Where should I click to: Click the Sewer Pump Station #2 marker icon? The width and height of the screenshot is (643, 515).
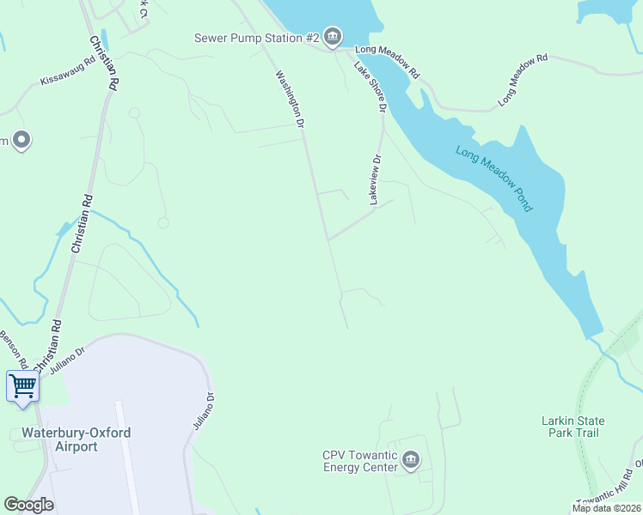[x=333, y=37]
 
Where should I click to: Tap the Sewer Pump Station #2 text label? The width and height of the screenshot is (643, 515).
[x=256, y=38]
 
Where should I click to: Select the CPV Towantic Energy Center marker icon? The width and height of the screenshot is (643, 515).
[x=411, y=461]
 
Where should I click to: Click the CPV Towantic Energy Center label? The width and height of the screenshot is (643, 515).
[x=360, y=461]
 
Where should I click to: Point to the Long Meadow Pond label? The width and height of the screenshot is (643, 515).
[x=494, y=179]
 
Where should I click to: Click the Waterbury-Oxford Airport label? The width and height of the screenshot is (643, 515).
[x=76, y=439]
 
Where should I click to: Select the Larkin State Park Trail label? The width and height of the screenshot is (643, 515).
[x=573, y=427]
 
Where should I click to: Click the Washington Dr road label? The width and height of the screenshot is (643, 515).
[x=291, y=100]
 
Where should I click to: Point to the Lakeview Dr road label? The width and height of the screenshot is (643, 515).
[x=375, y=179]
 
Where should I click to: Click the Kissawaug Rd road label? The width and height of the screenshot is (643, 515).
[x=67, y=72]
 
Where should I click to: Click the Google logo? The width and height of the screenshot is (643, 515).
[x=28, y=505]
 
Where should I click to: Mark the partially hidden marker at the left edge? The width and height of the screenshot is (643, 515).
[x=21, y=140]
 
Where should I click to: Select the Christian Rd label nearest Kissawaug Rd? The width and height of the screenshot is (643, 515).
[x=102, y=63]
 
